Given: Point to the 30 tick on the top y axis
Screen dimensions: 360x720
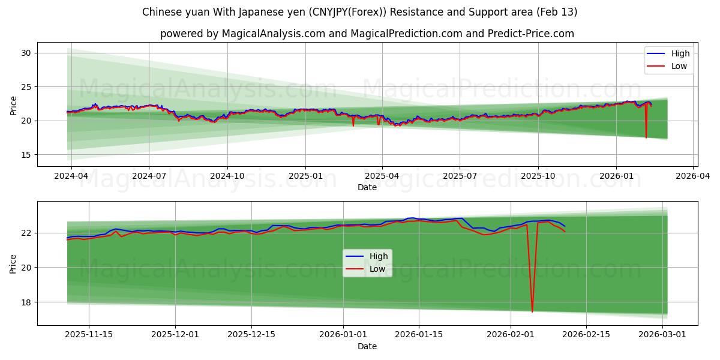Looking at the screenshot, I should coord(26,53).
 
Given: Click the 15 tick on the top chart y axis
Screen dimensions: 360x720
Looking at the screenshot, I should coord(26,155).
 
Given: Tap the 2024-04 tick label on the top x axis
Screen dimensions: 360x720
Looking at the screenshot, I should coord(71,176).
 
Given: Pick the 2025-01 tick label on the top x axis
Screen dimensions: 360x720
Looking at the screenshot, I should coord(305,176).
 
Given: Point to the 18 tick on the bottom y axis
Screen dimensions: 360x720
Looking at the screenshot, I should coord(26,302).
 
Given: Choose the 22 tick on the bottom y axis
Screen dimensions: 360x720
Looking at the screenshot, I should coord(26,233).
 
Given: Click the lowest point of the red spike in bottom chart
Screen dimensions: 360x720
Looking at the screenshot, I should coord(532,311).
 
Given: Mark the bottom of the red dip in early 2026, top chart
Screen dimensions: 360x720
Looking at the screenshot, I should coord(646,137).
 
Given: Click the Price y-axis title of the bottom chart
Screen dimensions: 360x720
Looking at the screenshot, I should coord(13,263).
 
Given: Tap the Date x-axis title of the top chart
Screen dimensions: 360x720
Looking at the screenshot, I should coord(367,187).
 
